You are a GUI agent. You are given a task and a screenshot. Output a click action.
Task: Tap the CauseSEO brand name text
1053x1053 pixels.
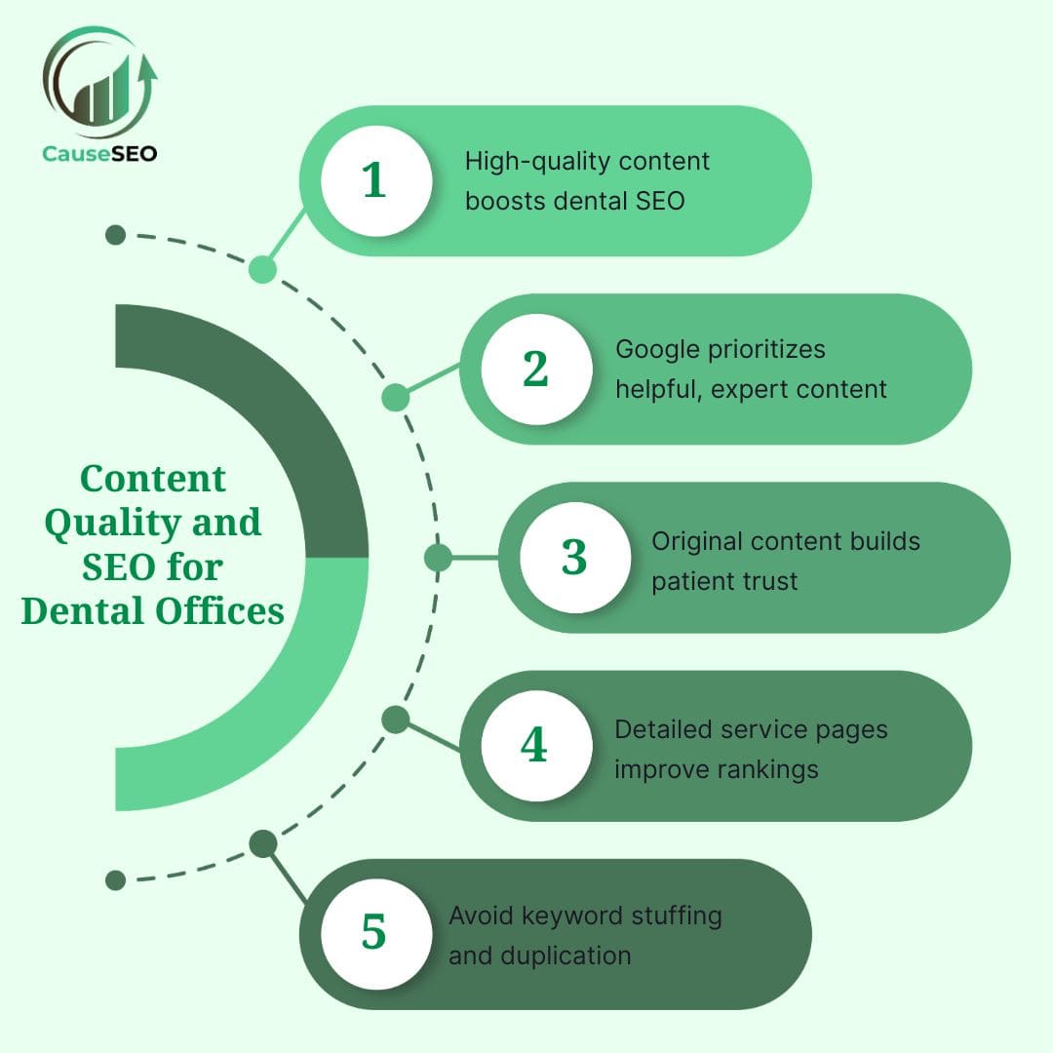click(x=99, y=153)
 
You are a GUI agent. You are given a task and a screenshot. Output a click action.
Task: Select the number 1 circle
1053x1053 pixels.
click(x=375, y=180)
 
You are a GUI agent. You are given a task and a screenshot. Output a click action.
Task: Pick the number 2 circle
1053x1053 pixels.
click(x=535, y=369)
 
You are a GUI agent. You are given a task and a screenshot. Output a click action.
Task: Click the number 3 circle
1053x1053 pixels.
click(x=574, y=557)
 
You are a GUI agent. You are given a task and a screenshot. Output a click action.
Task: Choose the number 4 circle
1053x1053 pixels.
click(x=533, y=746)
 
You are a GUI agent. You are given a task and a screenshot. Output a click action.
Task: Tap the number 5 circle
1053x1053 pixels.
click(x=374, y=933)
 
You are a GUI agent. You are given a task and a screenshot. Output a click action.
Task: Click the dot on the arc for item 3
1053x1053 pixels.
click(x=439, y=558)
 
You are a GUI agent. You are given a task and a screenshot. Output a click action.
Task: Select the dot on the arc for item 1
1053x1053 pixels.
click(x=262, y=270)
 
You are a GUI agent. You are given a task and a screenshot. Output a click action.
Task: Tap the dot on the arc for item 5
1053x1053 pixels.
click(x=262, y=843)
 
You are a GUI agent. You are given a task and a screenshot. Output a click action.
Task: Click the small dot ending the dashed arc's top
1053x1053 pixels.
click(x=116, y=235)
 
